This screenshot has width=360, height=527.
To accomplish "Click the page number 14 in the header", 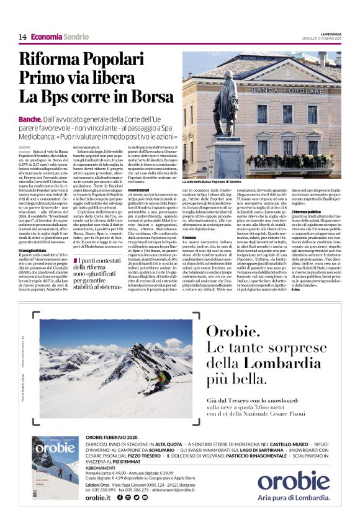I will click(x=22, y=37).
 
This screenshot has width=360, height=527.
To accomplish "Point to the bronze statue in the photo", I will click(x=224, y=112).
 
